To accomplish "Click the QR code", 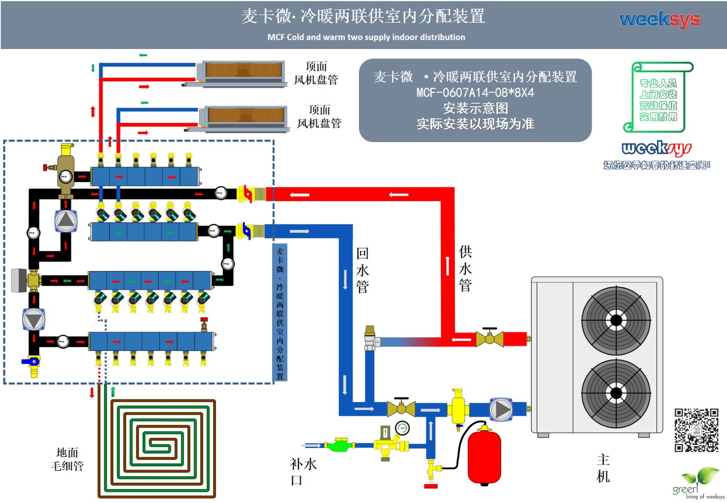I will (696, 430).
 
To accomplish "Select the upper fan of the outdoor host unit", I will (616, 321).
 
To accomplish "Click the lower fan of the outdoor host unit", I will (616, 393).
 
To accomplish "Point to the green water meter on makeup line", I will (339, 444).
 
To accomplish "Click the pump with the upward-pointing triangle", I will (66, 221).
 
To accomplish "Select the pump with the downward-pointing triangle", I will (34, 319).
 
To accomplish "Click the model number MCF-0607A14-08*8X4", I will (475, 93).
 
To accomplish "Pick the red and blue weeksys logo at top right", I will (660, 20).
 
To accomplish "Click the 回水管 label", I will (362, 270).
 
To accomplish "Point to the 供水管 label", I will (465, 268).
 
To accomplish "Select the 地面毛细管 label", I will (67, 459).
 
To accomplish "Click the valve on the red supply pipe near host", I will (489, 338).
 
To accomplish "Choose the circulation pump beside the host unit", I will (501, 409).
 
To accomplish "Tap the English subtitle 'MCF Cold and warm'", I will (366, 37).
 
